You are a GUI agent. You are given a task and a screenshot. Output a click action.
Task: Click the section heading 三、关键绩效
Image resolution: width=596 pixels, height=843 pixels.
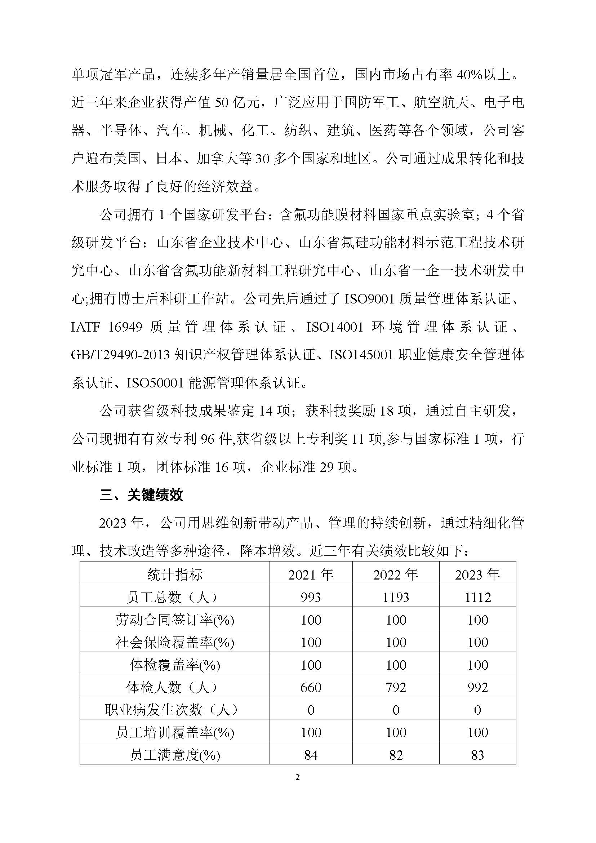pyautogui.click(x=141, y=495)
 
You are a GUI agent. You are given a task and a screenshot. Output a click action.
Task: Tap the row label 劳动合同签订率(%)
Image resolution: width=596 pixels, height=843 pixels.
pyautogui.click(x=175, y=620)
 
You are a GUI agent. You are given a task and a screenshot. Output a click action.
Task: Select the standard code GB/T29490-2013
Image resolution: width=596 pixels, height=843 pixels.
pyautogui.click(x=120, y=355)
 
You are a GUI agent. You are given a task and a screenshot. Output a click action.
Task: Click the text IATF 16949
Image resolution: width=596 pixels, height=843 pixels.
pyautogui.click(x=107, y=327)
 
